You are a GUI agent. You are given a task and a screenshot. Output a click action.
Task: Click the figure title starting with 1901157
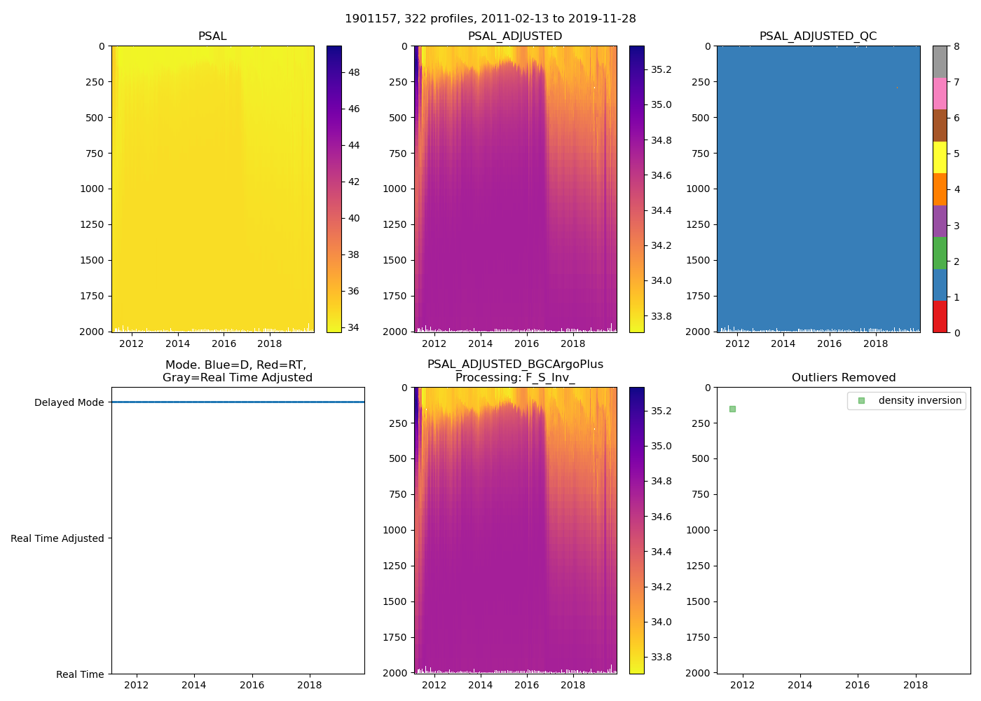(x=490, y=19)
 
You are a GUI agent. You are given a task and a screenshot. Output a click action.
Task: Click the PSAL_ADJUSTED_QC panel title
(x=818, y=36)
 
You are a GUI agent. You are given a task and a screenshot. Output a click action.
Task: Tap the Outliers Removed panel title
(x=844, y=378)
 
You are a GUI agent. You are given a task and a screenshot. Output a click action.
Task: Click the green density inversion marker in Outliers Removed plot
(x=732, y=409)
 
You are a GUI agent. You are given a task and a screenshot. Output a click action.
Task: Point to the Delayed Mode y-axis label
(x=69, y=402)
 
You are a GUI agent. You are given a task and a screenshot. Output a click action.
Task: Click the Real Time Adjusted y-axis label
(x=57, y=538)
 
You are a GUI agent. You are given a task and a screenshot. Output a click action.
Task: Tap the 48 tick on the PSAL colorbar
(x=354, y=72)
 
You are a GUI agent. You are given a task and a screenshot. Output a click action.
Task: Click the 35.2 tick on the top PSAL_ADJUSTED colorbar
(x=661, y=69)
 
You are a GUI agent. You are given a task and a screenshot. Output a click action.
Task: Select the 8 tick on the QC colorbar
(x=957, y=46)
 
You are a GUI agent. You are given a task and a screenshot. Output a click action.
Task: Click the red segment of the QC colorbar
(x=940, y=316)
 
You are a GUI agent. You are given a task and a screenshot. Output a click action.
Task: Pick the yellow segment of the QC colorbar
(x=940, y=157)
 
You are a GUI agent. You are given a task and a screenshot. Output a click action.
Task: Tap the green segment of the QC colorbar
(x=940, y=252)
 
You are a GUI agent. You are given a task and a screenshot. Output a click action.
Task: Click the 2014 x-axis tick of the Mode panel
(x=194, y=685)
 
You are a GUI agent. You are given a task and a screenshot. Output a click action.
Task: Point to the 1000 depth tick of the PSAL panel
(x=95, y=189)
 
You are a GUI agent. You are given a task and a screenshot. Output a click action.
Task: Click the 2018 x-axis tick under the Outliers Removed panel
(x=916, y=685)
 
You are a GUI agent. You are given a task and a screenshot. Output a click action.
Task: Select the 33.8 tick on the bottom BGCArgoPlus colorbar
(x=661, y=657)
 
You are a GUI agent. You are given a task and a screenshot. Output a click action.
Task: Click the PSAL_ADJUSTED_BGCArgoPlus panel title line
(x=515, y=365)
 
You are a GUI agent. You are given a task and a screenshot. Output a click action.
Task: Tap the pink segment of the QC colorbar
(x=940, y=93)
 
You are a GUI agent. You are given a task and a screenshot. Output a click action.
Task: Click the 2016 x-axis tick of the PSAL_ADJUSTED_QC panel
(x=829, y=343)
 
